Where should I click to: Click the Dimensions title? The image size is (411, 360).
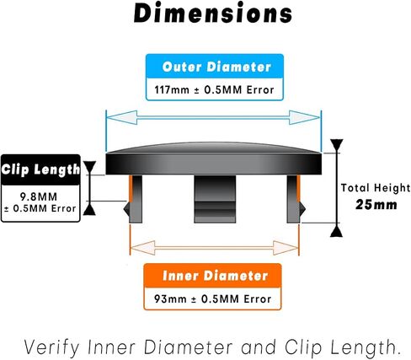click(x=213, y=13)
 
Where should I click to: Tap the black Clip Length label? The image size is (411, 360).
click(x=40, y=169)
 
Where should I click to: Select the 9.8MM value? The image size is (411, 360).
click(x=39, y=196)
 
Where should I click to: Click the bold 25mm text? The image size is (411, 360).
click(x=376, y=205)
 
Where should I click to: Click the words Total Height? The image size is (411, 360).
click(x=376, y=188)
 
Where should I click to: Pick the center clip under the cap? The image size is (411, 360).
click(x=215, y=199)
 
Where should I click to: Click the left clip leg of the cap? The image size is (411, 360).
click(x=133, y=199)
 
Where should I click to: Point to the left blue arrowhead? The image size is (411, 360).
click(x=122, y=117)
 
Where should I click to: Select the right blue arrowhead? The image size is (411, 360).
click(x=304, y=117)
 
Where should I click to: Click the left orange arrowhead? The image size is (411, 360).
click(x=143, y=248)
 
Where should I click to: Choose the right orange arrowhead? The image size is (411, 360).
click(x=286, y=248)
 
